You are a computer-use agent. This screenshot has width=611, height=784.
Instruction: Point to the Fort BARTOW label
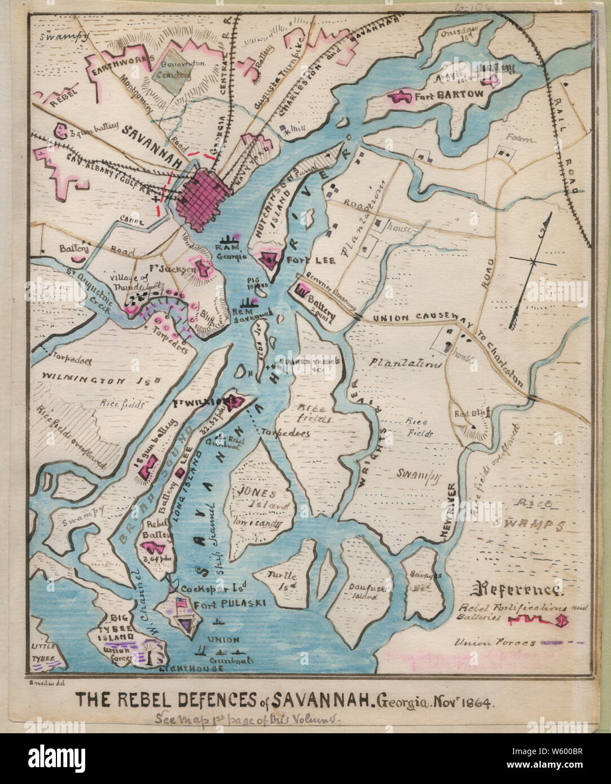449,95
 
